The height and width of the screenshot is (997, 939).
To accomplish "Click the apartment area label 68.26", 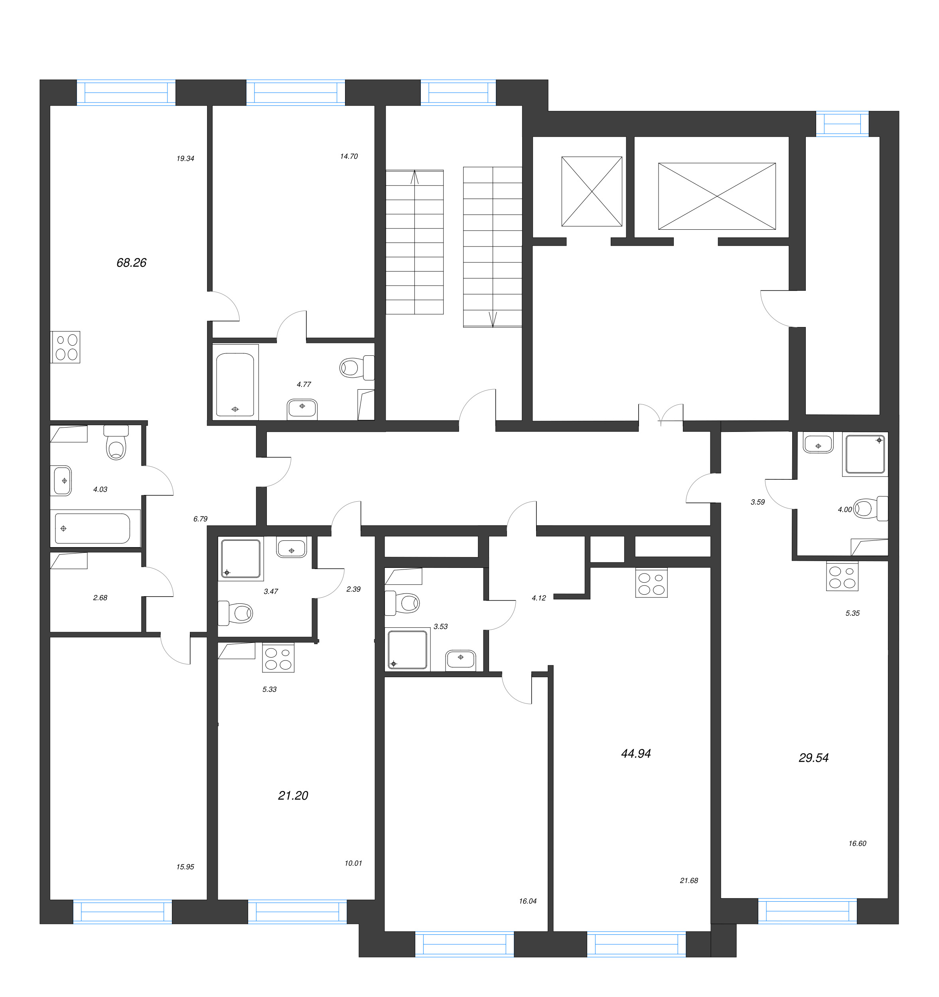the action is coord(131,263).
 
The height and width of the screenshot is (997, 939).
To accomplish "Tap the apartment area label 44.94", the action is coord(635,753).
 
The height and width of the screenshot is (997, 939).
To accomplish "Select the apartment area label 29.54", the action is coord(814,758).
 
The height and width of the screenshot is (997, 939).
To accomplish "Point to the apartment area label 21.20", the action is coord(293,795).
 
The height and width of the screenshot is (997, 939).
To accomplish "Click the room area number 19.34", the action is coord(185,158).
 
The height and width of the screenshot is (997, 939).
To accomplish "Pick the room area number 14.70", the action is coord(349,156).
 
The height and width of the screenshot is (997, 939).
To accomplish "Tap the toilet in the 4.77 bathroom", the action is coord(357,368).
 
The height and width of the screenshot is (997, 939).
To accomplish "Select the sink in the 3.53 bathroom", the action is coord(460,658).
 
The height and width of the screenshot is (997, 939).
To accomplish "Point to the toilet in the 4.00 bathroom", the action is coord(870,508).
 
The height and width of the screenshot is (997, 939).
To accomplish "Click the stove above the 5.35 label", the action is coord(842,576).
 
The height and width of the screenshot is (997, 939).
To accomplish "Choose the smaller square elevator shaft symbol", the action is coord(592,191).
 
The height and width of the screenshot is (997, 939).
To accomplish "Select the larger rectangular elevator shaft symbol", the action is coord(717,196).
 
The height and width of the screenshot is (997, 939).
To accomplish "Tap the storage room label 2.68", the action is coord(100,598).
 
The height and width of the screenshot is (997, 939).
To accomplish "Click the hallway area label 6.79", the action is coord(200,519).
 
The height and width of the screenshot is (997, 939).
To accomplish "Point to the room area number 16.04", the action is coord(528,901).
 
